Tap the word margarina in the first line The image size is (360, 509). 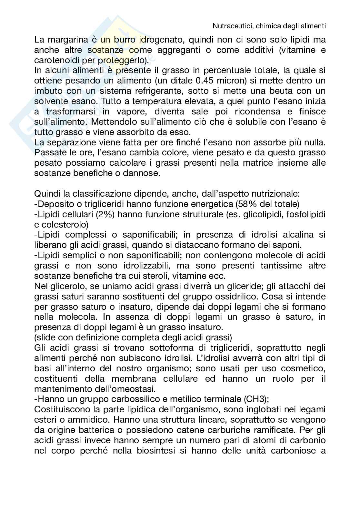(x=68, y=40)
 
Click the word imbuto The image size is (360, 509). (x=45, y=91)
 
